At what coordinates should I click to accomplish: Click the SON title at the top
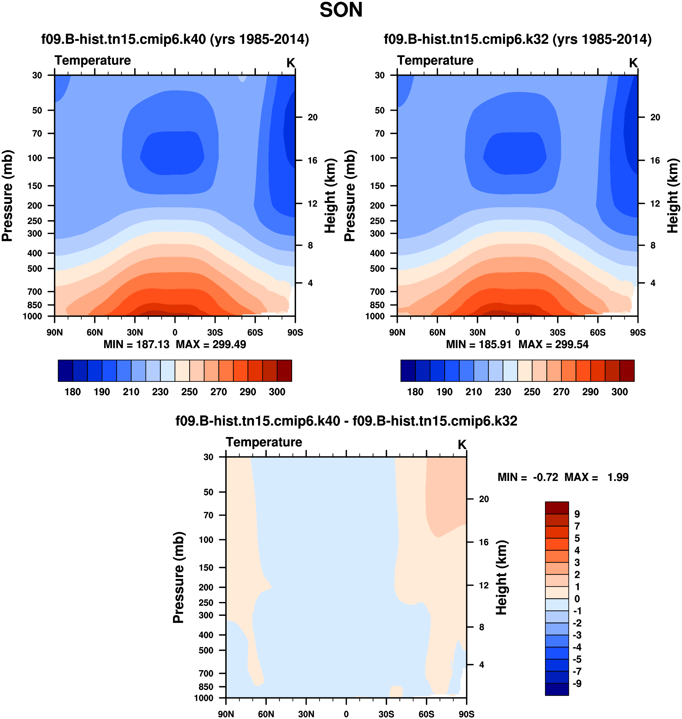coord(341,10)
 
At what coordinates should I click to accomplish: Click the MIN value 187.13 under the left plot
coord(153,344)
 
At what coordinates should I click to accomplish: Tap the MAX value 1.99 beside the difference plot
coord(618,477)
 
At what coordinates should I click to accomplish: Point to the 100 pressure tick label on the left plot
coord(35,158)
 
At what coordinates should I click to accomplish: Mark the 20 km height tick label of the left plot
coord(313,117)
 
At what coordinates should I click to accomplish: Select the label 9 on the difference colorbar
coord(577,514)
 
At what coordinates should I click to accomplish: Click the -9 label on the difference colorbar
coord(577,683)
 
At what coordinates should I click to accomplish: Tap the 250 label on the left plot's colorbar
coord(190,392)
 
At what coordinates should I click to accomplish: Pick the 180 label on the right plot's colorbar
coord(415,392)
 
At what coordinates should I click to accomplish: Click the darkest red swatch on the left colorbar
coord(284,371)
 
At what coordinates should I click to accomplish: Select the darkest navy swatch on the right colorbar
coord(408,371)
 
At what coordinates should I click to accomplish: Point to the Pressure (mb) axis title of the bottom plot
coord(179,577)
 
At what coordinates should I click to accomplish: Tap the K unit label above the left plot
coord(291,63)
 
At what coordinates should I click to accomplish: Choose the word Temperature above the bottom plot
coord(264,442)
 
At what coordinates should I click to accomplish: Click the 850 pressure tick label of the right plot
coord(377,305)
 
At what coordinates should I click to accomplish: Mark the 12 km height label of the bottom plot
coord(483,585)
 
